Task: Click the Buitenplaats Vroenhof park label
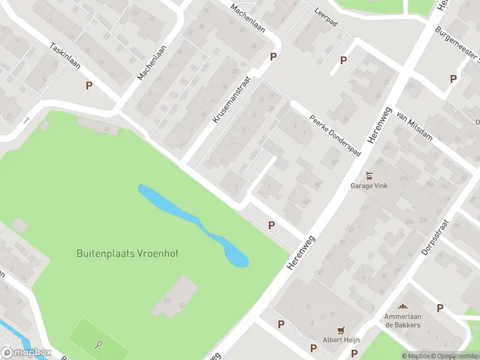click(x=127, y=254)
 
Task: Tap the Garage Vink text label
click(x=369, y=185)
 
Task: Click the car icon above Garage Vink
click(x=370, y=175)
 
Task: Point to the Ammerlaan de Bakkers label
click(x=403, y=320)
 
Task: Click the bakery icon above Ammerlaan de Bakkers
click(x=403, y=307)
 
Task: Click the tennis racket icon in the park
click(x=99, y=344)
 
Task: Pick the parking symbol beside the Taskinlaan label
click(x=89, y=85)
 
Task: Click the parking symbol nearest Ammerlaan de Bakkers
click(x=440, y=308)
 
